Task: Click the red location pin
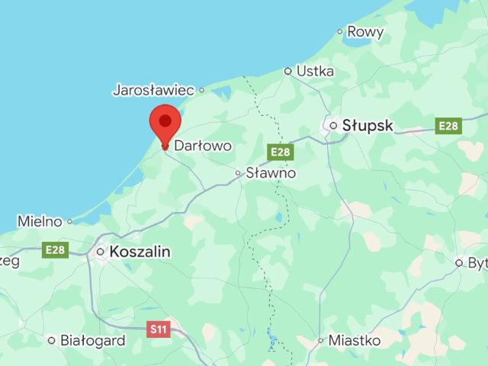(x=165, y=124)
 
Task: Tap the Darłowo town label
(x=203, y=145)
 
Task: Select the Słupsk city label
(x=368, y=125)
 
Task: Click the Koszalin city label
(x=140, y=252)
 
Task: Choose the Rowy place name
(x=364, y=31)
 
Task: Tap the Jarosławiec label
(x=153, y=90)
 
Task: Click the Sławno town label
(x=271, y=173)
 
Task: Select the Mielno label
(x=40, y=222)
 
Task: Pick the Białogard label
(x=92, y=341)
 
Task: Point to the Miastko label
(x=355, y=341)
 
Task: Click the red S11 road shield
(x=158, y=329)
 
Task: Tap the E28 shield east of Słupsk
(x=448, y=126)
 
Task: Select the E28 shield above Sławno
(x=281, y=152)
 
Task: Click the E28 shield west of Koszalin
(x=56, y=250)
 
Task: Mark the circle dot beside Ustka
(x=288, y=71)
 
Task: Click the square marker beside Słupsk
(x=333, y=125)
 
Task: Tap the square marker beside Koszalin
(x=100, y=252)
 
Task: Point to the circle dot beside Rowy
(x=340, y=32)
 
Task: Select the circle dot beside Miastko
(x=321, y=341)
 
